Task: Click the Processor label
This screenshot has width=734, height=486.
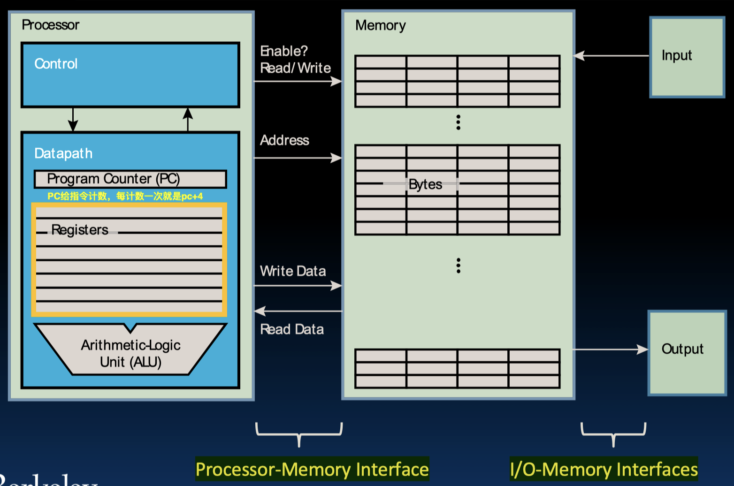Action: click(x=50, y=25)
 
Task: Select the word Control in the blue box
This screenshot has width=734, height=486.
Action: click(x=56, y=64)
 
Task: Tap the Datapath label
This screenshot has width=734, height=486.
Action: click(x=63, y=153)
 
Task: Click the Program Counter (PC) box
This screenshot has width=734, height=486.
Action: click(x=130, y=179)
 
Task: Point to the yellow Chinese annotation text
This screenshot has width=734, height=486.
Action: click(x=125, y=196)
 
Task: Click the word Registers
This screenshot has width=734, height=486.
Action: click(x=80, y=230)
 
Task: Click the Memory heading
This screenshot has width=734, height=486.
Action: click(x=380, y=25)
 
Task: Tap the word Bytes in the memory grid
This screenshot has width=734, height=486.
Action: click(x=425, y=184)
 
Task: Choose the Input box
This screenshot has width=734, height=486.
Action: click(x=687, y=57)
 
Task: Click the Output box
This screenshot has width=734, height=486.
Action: click(x=687, y=353)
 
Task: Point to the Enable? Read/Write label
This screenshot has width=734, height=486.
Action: click(x=295, y=60)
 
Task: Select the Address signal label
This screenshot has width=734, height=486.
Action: click(x=284, y=140)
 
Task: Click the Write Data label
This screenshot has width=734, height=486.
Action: click(x=293, y=271)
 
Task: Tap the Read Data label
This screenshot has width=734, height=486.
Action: click(x=292, y=329)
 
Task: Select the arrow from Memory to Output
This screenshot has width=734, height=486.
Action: click(x=610, y=349)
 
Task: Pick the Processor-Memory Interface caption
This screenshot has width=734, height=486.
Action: click(x=312, y=469)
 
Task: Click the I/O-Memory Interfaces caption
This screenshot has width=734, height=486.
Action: click(x=604, y=469)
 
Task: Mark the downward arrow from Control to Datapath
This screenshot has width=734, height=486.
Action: click(x=73, y=120)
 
